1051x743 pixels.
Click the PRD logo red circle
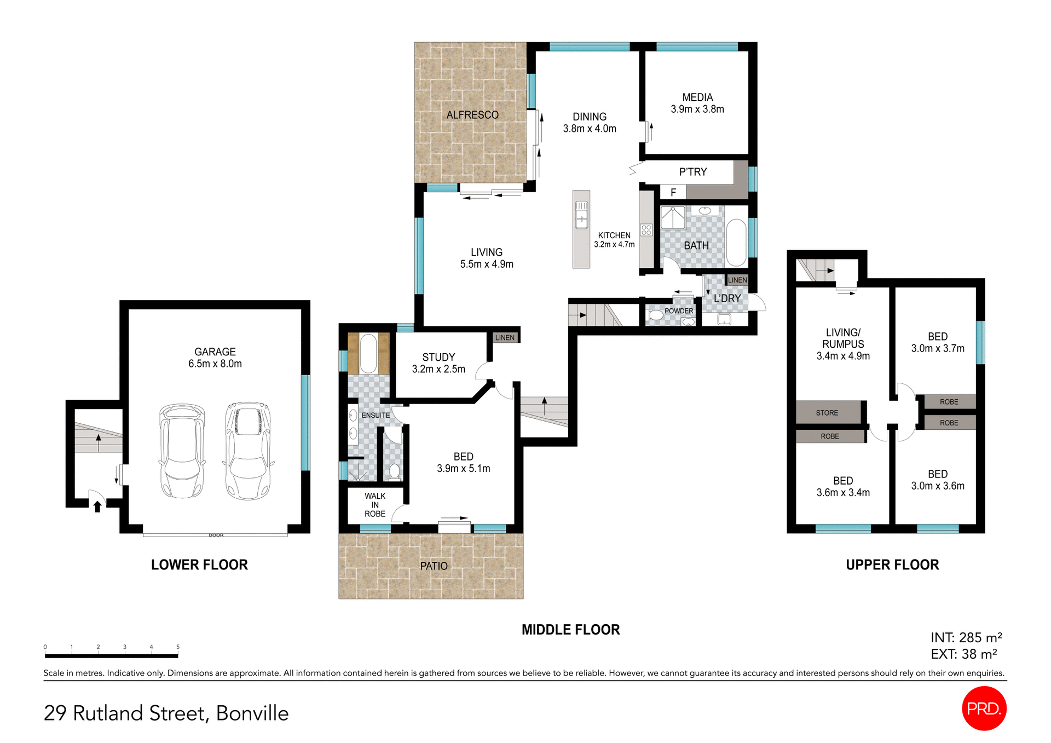pos(984,708)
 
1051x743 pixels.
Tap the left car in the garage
pos(182,451)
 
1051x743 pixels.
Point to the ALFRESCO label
pos(472,115)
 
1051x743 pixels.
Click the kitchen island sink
pos(581,215)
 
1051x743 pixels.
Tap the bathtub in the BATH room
pos(736,243)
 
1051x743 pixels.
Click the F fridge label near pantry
pos(673,192)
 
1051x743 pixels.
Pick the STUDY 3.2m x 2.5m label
pos(438,363)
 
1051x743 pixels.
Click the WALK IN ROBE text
pos(375,505)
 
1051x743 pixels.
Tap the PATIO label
pos(434,566)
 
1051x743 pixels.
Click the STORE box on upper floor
pos(827,413)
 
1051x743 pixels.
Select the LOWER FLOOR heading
pos(199,565)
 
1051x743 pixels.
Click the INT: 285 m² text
pos(966,637)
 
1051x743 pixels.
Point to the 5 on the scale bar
pos(178,647)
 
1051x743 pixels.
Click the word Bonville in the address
pos(252,713)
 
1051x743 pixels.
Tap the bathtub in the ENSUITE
pos(368,353)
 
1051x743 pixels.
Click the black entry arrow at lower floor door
pos(97,506)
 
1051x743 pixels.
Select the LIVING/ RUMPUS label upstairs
pos(843,344)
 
